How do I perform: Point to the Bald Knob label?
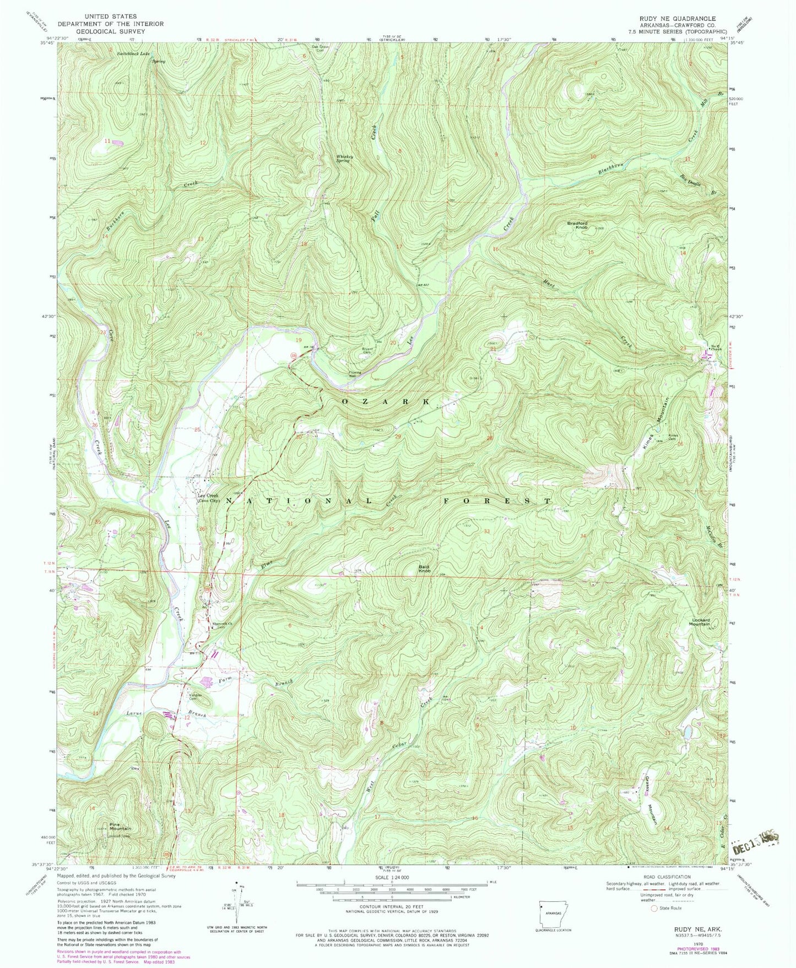[424, 569]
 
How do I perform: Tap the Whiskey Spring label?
[344, 158]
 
